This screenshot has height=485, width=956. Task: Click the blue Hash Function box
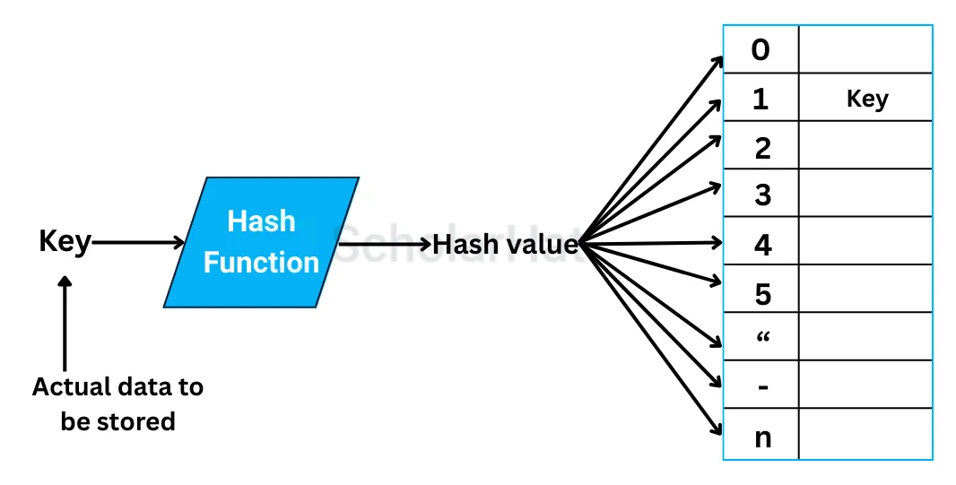pos(261,242)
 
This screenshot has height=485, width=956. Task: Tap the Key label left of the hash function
pos(65,242)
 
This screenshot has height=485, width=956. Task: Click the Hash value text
pos(505,243)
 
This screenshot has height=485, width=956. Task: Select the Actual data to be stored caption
pos(117,403)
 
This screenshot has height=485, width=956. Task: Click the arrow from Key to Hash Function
pos(138,242)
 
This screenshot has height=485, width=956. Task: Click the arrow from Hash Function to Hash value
pos(386,243)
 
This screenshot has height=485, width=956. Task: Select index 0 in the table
pos(760,50)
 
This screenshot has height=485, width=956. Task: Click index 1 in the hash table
pos(760,99)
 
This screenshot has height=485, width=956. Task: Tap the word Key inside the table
pos(866,99)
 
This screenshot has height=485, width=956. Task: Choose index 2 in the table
pos(762,148)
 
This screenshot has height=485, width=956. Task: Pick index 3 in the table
pos(762,195)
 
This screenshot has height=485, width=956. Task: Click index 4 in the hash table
pos(762,244)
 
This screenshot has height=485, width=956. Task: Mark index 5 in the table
pos(762,293)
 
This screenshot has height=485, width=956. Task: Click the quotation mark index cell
pos(762,338)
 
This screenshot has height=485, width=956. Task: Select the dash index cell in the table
pos(762,386)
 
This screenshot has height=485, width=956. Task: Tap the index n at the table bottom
pos(762,437)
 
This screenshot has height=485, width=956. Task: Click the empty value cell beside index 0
pos(865,50)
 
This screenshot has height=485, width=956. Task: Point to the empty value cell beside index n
pos(865,436)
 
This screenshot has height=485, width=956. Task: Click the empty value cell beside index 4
pos(865,242)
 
